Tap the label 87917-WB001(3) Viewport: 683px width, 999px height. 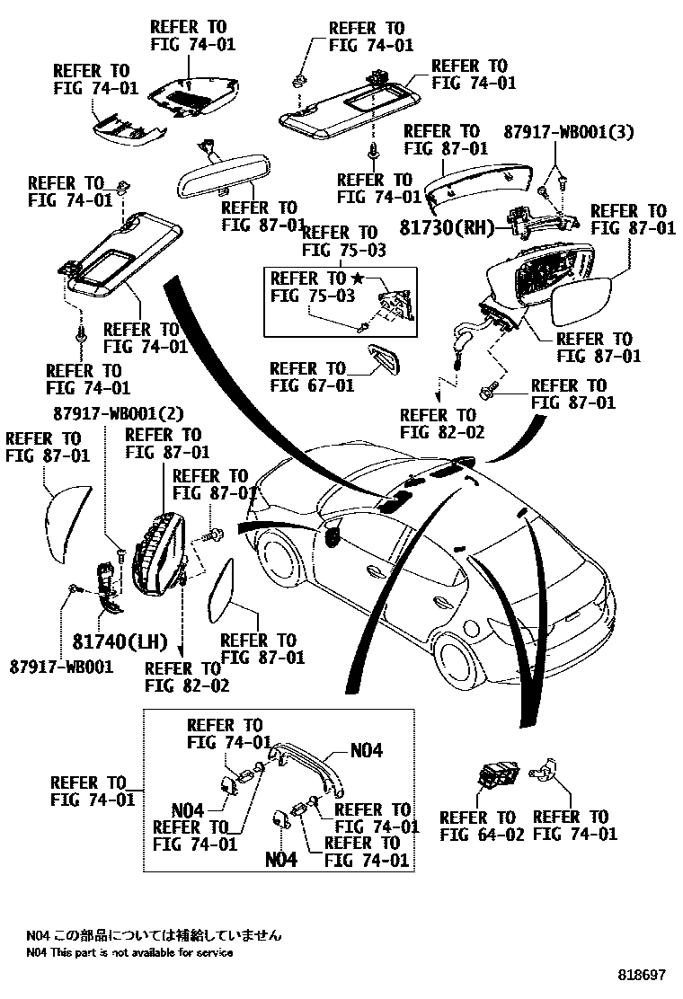point(568,131)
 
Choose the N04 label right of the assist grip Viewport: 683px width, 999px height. point(365,750)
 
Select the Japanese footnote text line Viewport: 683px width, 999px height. point(153,935)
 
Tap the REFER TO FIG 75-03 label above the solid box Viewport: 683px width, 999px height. point(340,241)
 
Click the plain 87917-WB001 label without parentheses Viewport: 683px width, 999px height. point(62,667)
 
